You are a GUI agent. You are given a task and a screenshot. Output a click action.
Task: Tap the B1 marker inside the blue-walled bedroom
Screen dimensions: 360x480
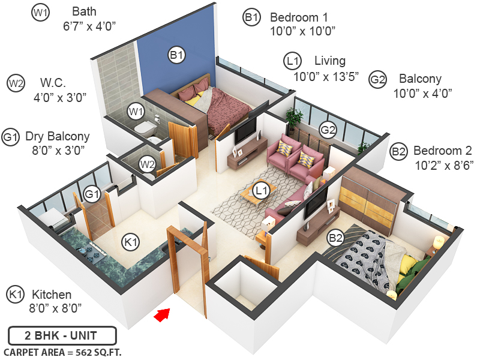pyautogui.click(x=176, y=56)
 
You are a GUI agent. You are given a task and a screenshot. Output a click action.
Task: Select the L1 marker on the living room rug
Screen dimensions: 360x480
pyautogui.click(x=260, y=191)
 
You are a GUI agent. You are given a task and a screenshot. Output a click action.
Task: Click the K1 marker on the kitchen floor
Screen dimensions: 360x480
pyautogui.click(x=130, y=242)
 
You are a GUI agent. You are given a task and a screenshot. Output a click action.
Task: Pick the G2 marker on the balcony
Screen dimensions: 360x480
pyautogui.click(x=328, y=129)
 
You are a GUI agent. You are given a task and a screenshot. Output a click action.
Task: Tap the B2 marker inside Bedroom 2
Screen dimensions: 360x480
pyautogui.click(x=335, y=238)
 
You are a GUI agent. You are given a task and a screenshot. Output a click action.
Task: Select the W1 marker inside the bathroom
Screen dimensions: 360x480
pyautogui.click(x=136, y=111)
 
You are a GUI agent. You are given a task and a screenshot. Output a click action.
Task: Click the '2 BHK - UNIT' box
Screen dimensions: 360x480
pyautogui.click(x=62, y=335)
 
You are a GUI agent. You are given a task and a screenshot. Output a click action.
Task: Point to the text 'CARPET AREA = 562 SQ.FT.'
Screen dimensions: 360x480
pyautogui.click(x=62, y=352)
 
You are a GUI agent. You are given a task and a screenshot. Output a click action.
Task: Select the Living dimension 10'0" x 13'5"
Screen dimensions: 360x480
pyautogui.click(x=326, y=76)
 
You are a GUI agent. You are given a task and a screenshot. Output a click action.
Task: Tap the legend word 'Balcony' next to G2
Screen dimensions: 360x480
pyautogui.click(x=420, y=79)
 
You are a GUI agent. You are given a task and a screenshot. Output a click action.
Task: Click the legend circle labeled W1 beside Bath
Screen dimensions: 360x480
pyautogui.click(x=40, y=11)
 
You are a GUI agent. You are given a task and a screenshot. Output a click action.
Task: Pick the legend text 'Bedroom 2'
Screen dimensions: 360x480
pyautogui.click(x=443, y=150)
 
